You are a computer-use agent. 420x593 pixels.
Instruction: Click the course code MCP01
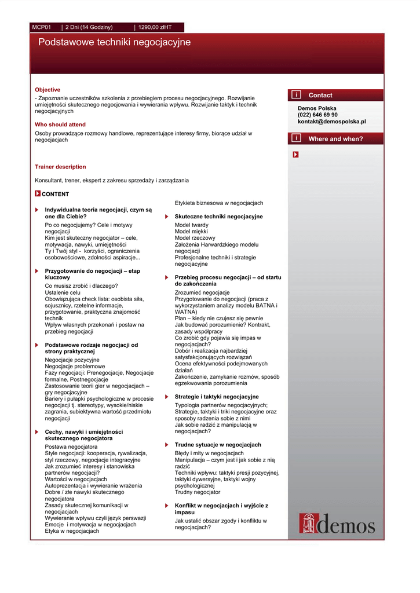pos(42,27)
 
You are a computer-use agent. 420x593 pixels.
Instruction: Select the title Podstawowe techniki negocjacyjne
pos(114,43)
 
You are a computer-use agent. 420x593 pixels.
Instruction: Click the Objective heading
pos(48,90)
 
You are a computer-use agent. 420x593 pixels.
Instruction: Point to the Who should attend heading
pos(60,125)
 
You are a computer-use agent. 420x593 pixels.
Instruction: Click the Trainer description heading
pos(60,167)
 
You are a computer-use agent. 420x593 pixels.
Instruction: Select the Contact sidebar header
pos(320,95)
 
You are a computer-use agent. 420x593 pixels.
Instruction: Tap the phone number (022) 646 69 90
pos(317,115)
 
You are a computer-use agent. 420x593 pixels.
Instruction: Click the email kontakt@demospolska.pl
pos(332,122)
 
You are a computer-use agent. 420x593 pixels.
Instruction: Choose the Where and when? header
pos(335,139)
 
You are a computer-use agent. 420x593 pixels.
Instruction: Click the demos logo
pos(337,524)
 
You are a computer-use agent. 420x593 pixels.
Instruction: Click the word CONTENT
pos(55,195)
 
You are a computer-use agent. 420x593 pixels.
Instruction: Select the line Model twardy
pos(192,225)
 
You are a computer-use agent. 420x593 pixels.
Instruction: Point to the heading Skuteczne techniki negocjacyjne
pos(218,217)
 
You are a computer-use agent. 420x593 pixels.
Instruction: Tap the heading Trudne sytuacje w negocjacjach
pos(218,445)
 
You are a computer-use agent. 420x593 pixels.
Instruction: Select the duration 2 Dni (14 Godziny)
pos(89,27)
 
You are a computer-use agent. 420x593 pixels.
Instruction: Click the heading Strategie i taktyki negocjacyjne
pos(217,397)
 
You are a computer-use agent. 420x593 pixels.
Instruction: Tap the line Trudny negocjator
pos(198,492)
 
